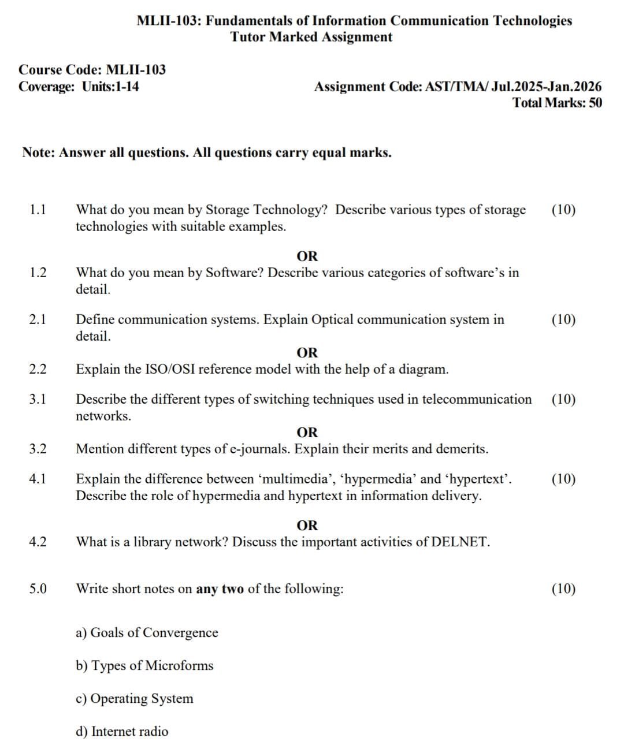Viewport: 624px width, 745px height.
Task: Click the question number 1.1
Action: tap(38, 210)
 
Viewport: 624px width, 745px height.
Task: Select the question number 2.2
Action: tap(38, 369)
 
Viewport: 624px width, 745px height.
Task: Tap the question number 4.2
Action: tap(38, 542)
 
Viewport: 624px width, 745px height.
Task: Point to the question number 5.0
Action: tap(38, 588)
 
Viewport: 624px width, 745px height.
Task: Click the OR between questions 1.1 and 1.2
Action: tap(307, 256)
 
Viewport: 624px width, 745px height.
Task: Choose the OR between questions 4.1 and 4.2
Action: tap(307, 526)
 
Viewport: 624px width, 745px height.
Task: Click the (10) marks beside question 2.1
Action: tap(563, 319)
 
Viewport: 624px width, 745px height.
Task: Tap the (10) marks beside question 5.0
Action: tap(563, 588)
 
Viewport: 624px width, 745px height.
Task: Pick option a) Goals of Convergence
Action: tap(147, 632)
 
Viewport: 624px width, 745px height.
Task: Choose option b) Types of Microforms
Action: tap(144, 665)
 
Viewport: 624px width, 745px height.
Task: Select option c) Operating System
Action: tap(135, 698)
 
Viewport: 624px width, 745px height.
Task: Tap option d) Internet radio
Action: tap(122, 731)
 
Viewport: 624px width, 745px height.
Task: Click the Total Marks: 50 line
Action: tap(557, 103)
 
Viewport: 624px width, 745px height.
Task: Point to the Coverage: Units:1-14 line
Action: tap(79, 87)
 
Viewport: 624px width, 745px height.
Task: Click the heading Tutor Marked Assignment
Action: tap(311, 37)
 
